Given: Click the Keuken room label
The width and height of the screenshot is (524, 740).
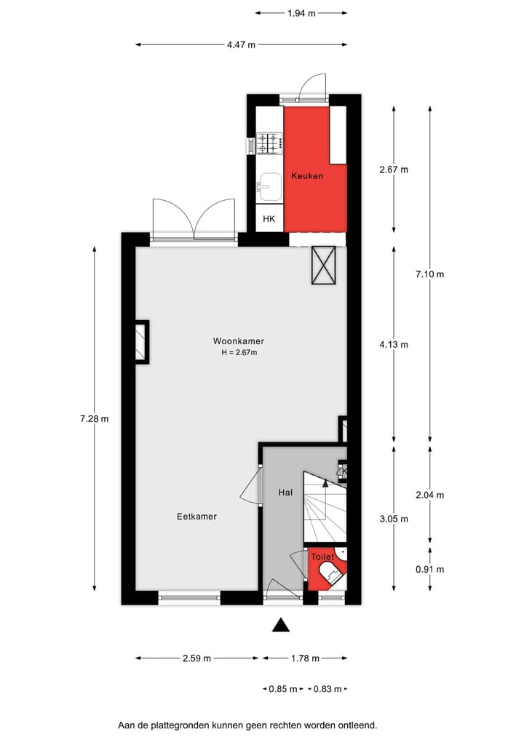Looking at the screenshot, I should [307, 176].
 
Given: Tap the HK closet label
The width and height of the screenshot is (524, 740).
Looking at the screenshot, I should [269, 219].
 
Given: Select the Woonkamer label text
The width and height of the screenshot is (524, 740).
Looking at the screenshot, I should [238, 341].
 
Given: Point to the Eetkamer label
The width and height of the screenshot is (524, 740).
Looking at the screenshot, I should [196, 517].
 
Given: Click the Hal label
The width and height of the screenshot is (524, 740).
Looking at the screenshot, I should [285, 493].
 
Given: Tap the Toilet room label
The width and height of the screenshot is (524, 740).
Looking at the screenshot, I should [322, 557].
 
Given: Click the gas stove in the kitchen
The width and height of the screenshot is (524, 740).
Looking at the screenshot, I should [269, 143].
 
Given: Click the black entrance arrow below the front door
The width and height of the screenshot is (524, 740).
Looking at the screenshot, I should [281, 625].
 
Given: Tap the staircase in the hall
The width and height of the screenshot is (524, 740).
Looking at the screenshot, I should [324, 506].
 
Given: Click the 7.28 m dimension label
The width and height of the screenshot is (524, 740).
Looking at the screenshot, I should [94, 418].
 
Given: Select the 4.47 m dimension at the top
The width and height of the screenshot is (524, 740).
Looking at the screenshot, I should [241, 44].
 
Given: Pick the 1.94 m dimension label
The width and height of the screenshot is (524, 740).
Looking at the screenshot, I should [301, 12].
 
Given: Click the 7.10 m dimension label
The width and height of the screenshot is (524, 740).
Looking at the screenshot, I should [429, 274].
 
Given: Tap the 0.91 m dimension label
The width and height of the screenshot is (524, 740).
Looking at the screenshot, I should [429, 570].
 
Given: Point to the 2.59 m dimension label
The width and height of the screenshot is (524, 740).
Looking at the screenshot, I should [196, 659].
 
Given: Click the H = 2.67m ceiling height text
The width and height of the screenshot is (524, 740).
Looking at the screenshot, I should [239, 353].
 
